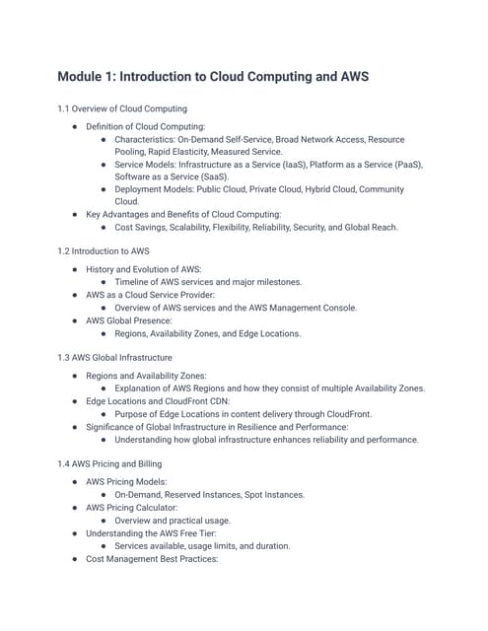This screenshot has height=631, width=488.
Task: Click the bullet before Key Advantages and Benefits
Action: click(x=77, y=213)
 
